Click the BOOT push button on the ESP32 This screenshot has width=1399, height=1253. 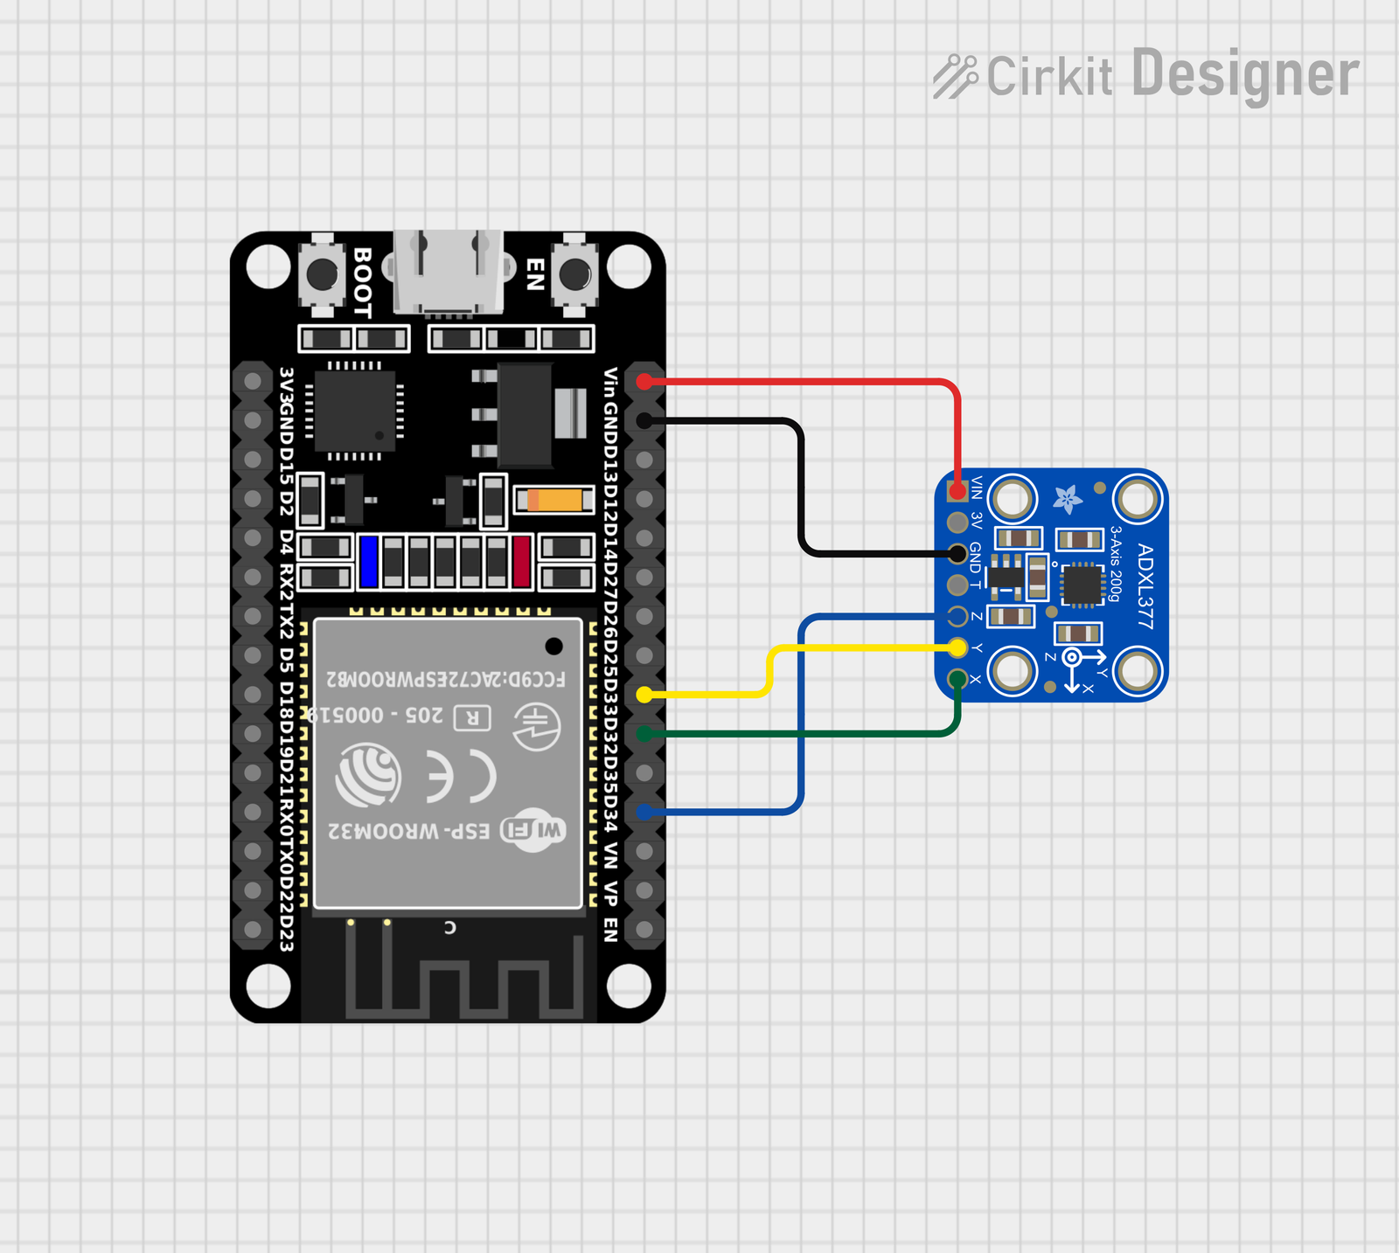[322, 274]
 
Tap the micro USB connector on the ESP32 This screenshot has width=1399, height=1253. [448, 272]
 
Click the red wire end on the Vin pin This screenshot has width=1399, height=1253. [644, 382]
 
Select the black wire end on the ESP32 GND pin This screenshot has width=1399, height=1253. [644, 421]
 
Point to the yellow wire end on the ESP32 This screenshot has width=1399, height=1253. [644, 695]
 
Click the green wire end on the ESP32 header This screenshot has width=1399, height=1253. [644, 734]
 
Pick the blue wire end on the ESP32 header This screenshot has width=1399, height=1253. [644, 813]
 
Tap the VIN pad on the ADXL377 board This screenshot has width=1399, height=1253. [957, 490]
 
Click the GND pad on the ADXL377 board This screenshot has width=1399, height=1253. [957, 553]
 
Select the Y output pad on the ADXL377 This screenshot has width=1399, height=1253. [957, 647]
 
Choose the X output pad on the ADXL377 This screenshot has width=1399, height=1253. [957, 679]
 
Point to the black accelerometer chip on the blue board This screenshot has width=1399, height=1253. [1082, 585]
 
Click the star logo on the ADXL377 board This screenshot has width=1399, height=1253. [1068, 499]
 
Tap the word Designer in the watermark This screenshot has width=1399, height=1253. [1245, 75]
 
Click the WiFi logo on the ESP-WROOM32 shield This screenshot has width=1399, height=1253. [533, 829]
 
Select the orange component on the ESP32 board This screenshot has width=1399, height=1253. [554, 500]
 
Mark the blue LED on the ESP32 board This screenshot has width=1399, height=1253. [369, 561]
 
